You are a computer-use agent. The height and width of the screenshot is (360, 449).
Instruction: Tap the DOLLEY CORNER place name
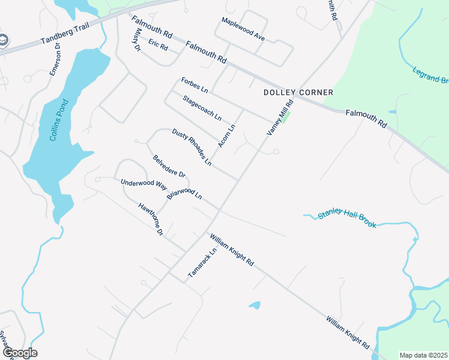tap(290, 92)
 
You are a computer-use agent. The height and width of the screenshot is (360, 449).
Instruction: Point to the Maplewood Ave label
tap(243, 29)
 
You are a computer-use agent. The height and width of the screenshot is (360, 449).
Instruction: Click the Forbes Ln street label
tap(194, 86)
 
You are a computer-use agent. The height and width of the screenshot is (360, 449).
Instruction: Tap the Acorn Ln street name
tap(227, 137)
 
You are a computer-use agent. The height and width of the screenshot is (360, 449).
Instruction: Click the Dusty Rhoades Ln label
tap(192, 147)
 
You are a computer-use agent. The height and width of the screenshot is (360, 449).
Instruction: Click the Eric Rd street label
tap(158, 44)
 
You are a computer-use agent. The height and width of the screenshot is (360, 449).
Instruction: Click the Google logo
tap(20, 353)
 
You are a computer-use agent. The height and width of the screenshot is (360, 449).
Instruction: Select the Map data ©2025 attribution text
tap(423, 355)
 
